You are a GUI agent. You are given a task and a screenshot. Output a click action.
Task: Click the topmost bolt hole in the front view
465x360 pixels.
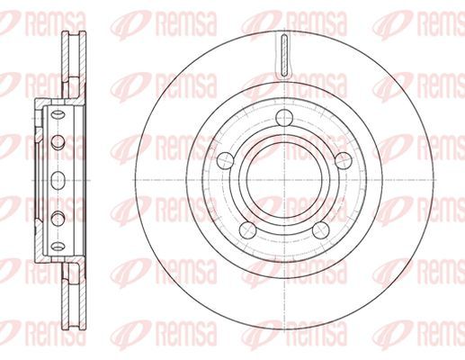284,118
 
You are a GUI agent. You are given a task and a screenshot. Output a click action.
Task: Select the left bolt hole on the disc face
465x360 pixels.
225,160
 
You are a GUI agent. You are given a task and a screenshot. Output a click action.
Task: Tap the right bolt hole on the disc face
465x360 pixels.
344,160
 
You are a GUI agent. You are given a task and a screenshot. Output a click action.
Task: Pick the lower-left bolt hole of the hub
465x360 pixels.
248,230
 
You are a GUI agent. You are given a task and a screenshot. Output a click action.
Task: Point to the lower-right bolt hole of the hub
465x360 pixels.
320,230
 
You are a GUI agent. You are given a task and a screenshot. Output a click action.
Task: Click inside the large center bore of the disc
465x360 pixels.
284,180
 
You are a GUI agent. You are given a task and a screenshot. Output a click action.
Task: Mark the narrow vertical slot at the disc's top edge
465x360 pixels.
284,55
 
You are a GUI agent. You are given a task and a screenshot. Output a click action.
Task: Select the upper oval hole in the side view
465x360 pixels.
58,114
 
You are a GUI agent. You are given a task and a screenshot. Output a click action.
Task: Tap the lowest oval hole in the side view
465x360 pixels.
58,247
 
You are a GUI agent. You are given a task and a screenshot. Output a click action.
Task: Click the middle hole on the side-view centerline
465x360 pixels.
58,180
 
